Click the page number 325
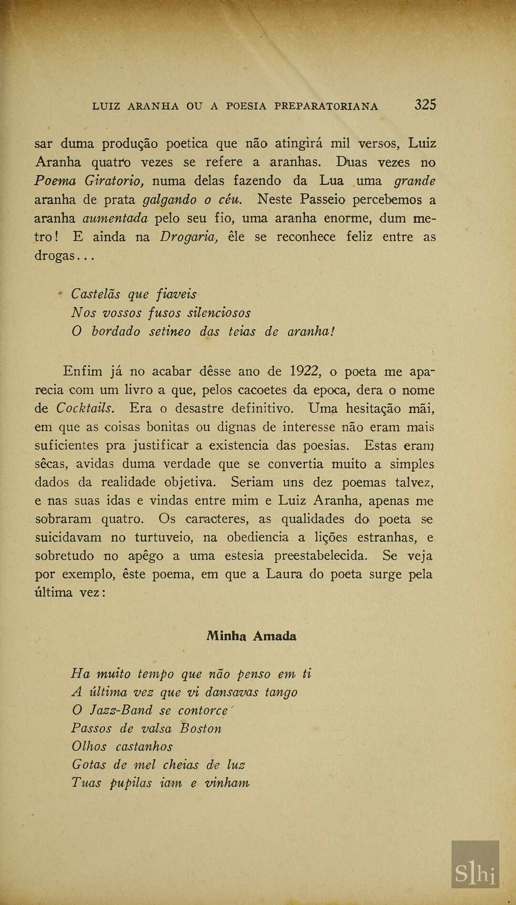[425, 105]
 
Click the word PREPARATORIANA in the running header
[326, 106]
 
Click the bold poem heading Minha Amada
[251, 636]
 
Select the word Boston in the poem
[201, 728]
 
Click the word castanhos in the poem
[144, 746]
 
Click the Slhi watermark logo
[475, 864]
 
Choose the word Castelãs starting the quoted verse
[96, 294]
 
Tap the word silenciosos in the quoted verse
[219, 313]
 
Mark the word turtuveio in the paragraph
[163, 537]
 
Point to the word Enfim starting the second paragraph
[83, 371]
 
